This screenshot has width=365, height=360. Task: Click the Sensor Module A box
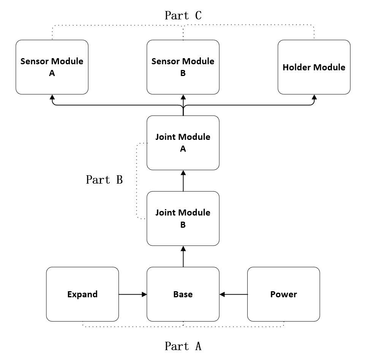52,67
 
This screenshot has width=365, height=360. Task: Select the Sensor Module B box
183,67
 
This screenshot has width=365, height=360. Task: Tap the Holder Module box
314,67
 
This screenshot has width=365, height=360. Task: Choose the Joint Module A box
183,143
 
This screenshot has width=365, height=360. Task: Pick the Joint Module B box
183,219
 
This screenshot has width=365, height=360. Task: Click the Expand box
82,294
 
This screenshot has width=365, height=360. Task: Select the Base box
183,294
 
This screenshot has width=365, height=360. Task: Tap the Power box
283,294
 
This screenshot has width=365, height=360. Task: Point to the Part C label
183,16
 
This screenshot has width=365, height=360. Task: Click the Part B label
104,180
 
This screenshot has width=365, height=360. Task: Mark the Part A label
183,346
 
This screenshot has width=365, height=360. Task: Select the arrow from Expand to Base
133,294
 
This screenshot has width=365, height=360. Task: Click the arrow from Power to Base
234,294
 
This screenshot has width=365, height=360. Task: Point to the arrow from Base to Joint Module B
183,257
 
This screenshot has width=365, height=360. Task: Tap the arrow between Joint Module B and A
183,181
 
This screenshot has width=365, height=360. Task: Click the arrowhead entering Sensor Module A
52,97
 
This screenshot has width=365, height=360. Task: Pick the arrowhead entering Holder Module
314,97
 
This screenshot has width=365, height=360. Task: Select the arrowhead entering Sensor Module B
183,97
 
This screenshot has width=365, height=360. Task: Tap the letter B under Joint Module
183,225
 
